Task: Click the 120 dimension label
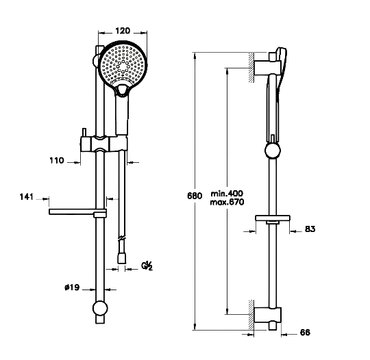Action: point(123,31)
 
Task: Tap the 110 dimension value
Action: point(57,161)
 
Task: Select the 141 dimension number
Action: point(27,196)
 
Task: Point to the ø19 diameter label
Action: point(72,287)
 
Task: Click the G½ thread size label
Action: point(147,266)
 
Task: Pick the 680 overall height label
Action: point(195,196)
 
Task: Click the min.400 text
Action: point(227,194)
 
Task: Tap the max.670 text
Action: point(227,202)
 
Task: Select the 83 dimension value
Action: point(310,229)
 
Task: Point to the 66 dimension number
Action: point(305,333)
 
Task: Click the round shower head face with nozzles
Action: point(123,65)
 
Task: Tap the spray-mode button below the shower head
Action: point(122,90)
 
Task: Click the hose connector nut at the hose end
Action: point(122,258)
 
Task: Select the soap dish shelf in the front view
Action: point(77,212)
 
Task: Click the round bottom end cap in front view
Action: point(100,309)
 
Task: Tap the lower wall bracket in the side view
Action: point(268,316)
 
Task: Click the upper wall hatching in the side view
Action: point(251,67)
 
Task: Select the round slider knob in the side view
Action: point(273,151)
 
